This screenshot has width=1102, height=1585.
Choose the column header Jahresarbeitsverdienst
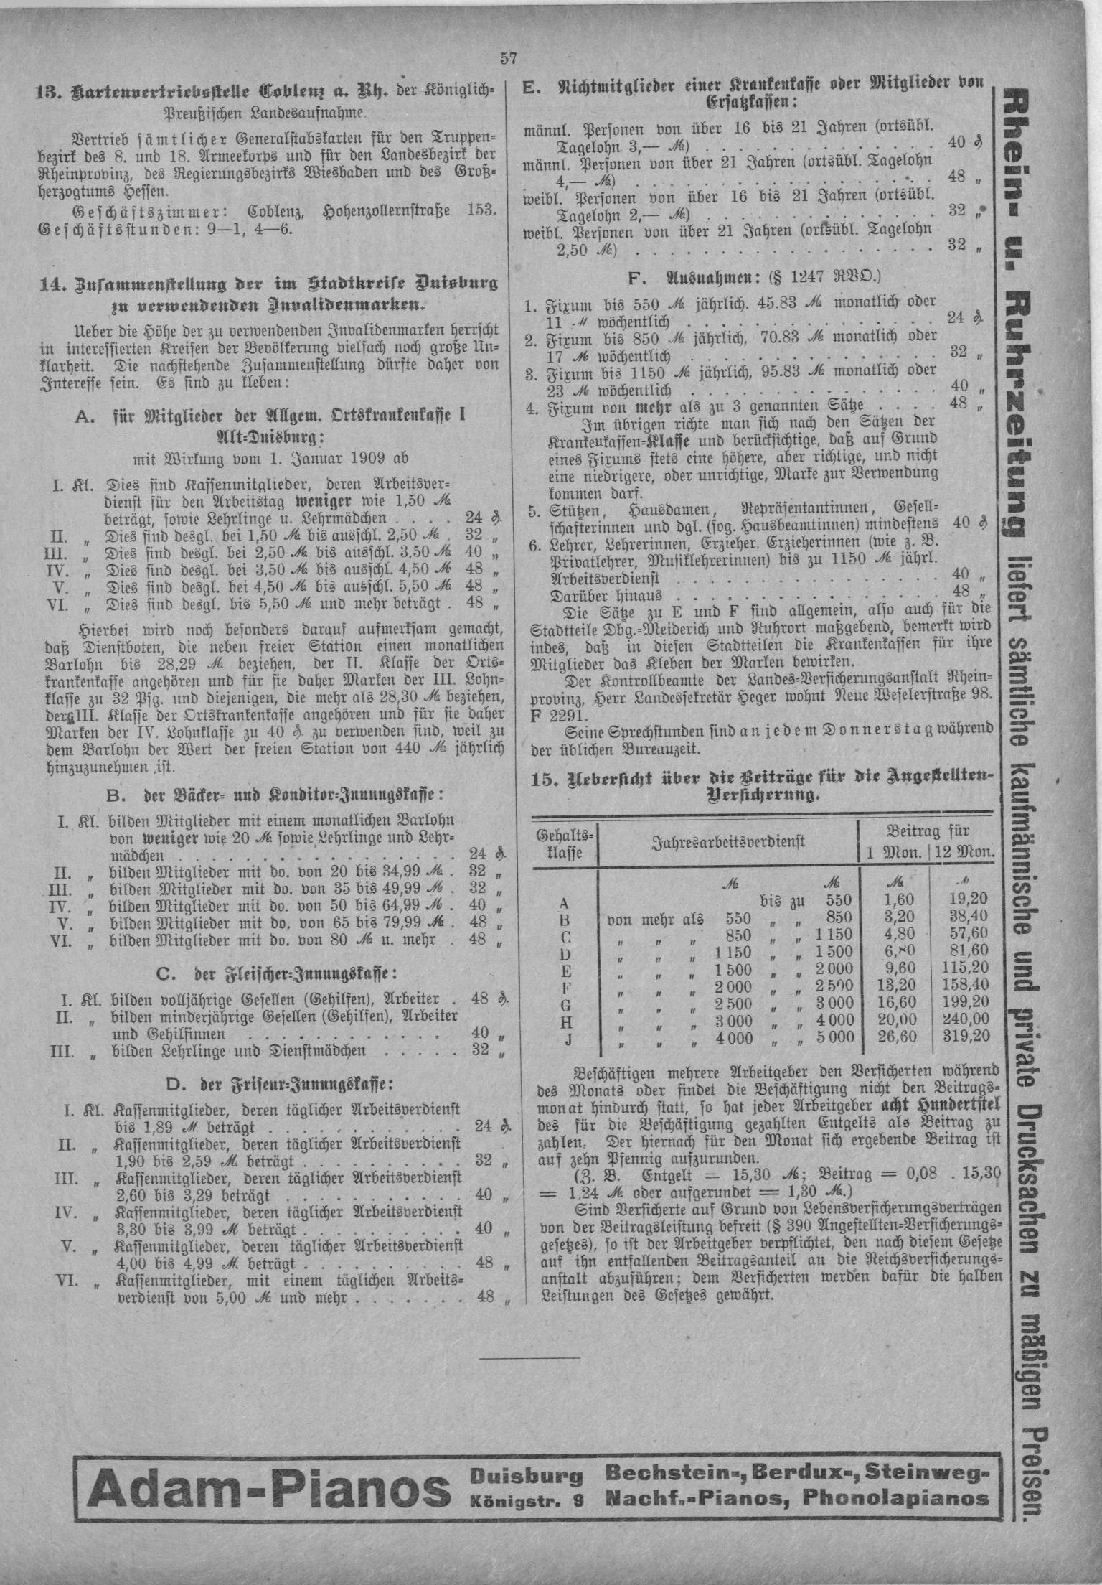tap(727, 841)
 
